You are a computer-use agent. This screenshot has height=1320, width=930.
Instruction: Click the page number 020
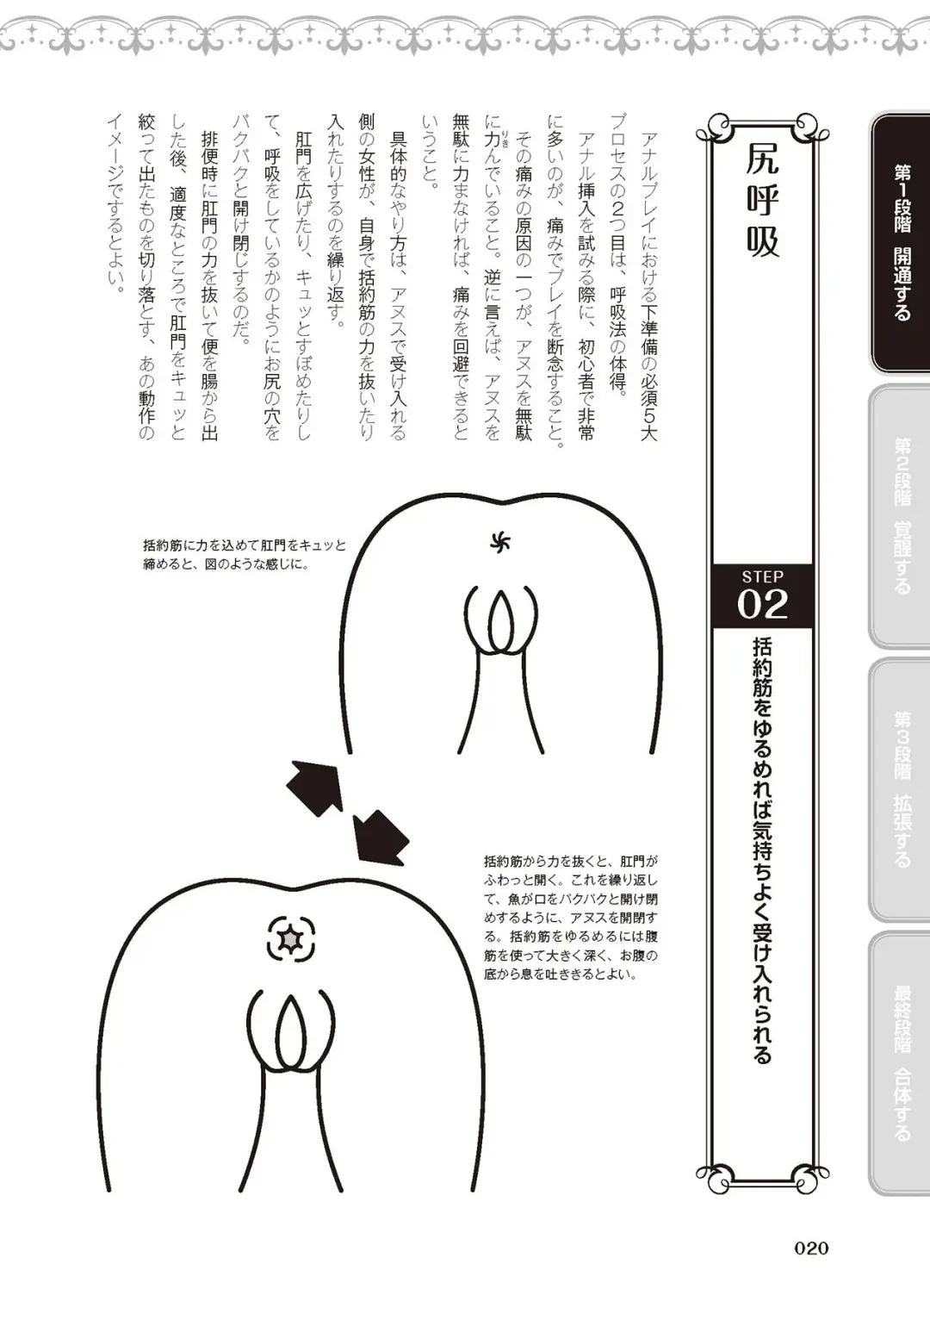pyautogui.click(x=810, y=1248)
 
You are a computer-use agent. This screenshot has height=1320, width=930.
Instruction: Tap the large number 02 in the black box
pyautogui.click(x=762, y=604)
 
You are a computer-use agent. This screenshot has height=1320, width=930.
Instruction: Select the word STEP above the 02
pyautogui.click(x=762, y=576)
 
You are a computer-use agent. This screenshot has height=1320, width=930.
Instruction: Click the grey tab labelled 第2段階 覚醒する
pyautogui.click(x=901, y=516)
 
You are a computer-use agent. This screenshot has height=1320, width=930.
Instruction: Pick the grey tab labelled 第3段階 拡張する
pyautogui.click(x=901, y=788)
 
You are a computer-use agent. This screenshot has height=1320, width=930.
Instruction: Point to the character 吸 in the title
pyautogui.click(x=763, y=241)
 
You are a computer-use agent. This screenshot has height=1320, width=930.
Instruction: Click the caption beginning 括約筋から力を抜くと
pyautogui.click(x=570, y=918)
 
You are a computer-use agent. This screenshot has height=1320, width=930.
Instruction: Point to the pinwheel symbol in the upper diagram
pyautogui.click(x=500, y=542)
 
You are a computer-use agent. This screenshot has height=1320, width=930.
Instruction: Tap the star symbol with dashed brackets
pyautogui.click(x=291, y=938)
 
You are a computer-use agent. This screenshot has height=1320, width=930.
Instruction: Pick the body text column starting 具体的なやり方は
pyautogui.click(x=398, y=285)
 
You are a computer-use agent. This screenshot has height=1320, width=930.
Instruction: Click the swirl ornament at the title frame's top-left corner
pyautogui.click(x=708, y=129)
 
